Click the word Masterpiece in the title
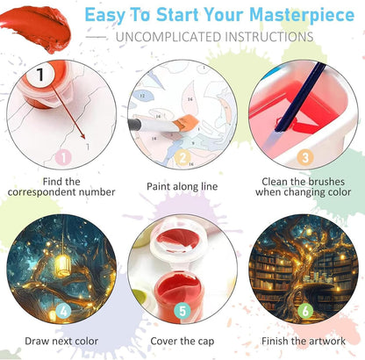coord(302,16)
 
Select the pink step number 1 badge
coord(63,157)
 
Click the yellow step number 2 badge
coord(182,158)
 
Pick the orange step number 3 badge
coord(305,158)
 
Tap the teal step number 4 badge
coord(63,311)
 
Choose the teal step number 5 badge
coord(182,311)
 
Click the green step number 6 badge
coord(305,311)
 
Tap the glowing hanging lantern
coord(63,265)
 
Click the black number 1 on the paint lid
coord(40,75)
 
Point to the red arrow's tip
coord(84,138)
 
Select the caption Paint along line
coord(182,187)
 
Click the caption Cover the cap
coord(182,342)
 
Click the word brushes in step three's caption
coord(326,182)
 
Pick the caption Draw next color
coord(61,342)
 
